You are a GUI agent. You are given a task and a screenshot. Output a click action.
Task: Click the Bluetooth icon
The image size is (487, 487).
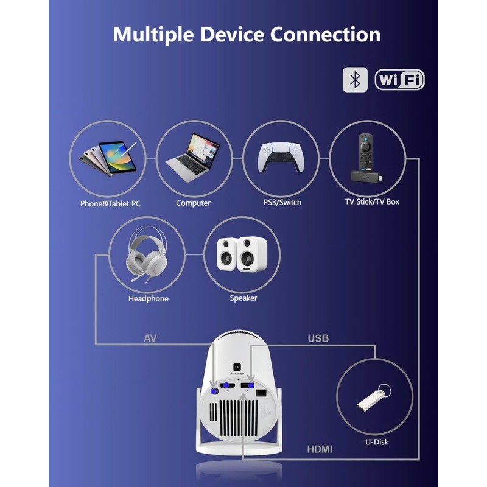point(356,80)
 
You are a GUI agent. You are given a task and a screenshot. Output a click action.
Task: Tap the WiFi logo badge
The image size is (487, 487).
point(399,80)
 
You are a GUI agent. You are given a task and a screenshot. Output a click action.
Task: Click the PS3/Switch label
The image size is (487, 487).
point(281,203)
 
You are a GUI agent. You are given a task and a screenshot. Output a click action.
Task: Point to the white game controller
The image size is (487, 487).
point(281,159)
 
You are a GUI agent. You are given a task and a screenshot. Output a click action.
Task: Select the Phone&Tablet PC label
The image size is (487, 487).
point(110,203)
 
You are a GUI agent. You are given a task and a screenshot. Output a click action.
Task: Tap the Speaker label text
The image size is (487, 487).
point(243,298)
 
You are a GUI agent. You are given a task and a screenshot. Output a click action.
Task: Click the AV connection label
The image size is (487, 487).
point(150,338)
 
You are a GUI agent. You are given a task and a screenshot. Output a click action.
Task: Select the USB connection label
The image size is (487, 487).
point(318,338)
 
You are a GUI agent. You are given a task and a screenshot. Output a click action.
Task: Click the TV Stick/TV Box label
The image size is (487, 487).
point(372,202)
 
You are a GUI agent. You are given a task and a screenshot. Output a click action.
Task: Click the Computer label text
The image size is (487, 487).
point(193,203)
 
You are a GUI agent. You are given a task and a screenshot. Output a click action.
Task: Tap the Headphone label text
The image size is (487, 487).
point(149,299)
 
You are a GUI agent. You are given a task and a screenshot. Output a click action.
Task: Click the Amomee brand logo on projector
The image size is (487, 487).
point(236,363)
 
